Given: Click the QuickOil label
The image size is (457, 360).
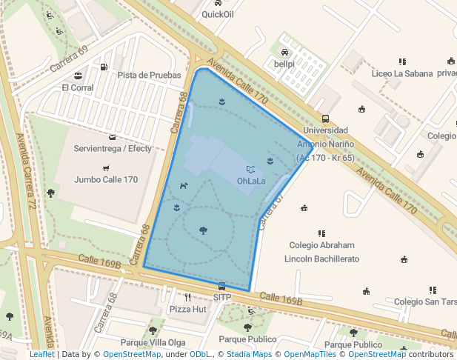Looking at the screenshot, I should point(217,13).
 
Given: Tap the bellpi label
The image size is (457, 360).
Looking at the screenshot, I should point(284,64).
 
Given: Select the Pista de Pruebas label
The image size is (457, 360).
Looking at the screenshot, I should point(149,75).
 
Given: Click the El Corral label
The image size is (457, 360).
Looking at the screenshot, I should point(78,87).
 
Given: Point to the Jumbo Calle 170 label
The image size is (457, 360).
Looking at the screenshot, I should point(106,179).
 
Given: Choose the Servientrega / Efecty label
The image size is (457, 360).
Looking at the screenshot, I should point(113,148).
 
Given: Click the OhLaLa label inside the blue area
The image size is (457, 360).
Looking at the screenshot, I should point(251,180).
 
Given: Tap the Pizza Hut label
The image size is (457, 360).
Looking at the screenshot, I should point(187,309).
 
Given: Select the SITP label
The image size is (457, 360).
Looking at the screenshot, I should point(222,298).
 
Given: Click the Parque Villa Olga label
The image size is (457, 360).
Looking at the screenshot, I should point(153,342).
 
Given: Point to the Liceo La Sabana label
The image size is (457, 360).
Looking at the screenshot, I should point(402,73).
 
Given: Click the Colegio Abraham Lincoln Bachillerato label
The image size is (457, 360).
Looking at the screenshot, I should point(321,252).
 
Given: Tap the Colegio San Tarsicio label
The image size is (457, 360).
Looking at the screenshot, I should point(425,301).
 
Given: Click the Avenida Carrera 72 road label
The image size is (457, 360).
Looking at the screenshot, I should point(27,170).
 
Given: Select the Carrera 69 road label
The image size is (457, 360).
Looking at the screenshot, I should point(69,60).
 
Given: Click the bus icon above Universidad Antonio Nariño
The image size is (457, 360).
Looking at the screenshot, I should point(325,119).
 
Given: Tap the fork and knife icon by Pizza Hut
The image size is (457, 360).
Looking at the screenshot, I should point(188,297).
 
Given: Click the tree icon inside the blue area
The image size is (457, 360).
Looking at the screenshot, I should point(203,230).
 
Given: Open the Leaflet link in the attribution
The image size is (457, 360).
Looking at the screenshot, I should point(42,354).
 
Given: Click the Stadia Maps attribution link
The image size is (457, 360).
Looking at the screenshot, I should point(249,354).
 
